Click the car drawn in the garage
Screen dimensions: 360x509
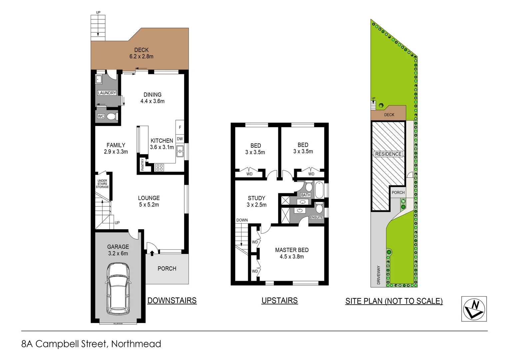point(118,289)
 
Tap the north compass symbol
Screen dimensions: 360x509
point(474,309)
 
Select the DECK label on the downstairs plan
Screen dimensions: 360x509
point(141,50)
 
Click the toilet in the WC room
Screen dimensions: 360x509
point(111,116)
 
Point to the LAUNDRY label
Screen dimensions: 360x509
point(107,93)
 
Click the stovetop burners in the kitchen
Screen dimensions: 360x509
point(160,168)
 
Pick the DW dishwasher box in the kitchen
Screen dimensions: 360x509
point(180,139)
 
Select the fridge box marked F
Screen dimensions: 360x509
point(180,127)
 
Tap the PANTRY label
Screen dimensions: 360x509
point(143,165)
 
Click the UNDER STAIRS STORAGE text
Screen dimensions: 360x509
point(102,184)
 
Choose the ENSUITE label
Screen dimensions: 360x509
point(316,217)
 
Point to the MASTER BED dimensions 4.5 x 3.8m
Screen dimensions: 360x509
point(291,257)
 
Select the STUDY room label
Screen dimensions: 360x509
point(256,198)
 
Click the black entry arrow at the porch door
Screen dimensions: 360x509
point(152,253)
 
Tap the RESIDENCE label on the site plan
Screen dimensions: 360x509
point(388,154)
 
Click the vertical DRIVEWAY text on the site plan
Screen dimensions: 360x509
point(378,275)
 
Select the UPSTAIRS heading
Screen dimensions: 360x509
point(279,301)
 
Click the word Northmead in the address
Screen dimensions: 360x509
point(136,344)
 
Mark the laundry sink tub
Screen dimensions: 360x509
point(99,80)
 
